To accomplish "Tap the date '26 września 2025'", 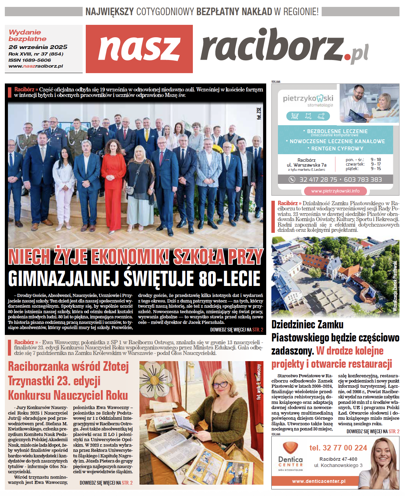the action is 38,47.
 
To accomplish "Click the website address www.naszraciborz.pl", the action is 36,66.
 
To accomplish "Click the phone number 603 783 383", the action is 363,179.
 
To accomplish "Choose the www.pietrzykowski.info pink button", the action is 335,191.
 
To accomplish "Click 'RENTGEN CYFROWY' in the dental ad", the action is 337,149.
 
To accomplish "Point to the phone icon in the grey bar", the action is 292,179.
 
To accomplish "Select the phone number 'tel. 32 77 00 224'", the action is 338,448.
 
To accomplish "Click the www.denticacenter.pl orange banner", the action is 318,481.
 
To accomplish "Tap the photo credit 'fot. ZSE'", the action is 259,113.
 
